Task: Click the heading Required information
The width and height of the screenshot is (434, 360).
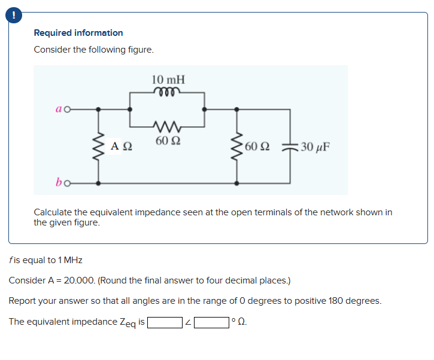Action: (x=78, y=33)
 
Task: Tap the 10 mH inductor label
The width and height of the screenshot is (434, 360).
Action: (x=168, y=80)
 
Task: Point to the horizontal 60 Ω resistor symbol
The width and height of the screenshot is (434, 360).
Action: (x=168, y=127)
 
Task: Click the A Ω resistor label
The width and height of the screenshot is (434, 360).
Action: (x=122, y=146)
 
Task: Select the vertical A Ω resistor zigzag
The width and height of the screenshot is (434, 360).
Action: (x=98, y=146)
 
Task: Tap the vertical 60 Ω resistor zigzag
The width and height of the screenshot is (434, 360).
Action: (x=238, y=146)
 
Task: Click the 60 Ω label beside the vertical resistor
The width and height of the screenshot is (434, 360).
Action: (x=257, y=146)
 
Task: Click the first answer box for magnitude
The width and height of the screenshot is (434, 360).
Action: (x=165, y=322)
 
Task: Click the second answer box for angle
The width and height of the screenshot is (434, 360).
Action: (x=211, y=322)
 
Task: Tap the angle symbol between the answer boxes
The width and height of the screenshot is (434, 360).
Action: (x=188, y=323)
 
